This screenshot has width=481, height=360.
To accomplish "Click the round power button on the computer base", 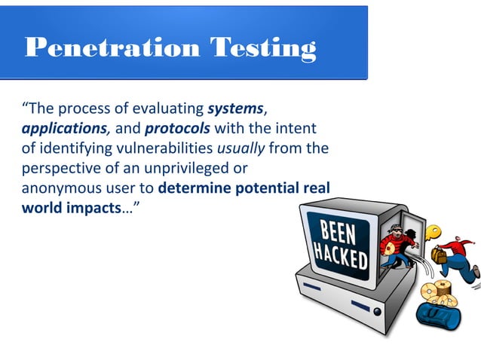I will coord(375,310).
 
